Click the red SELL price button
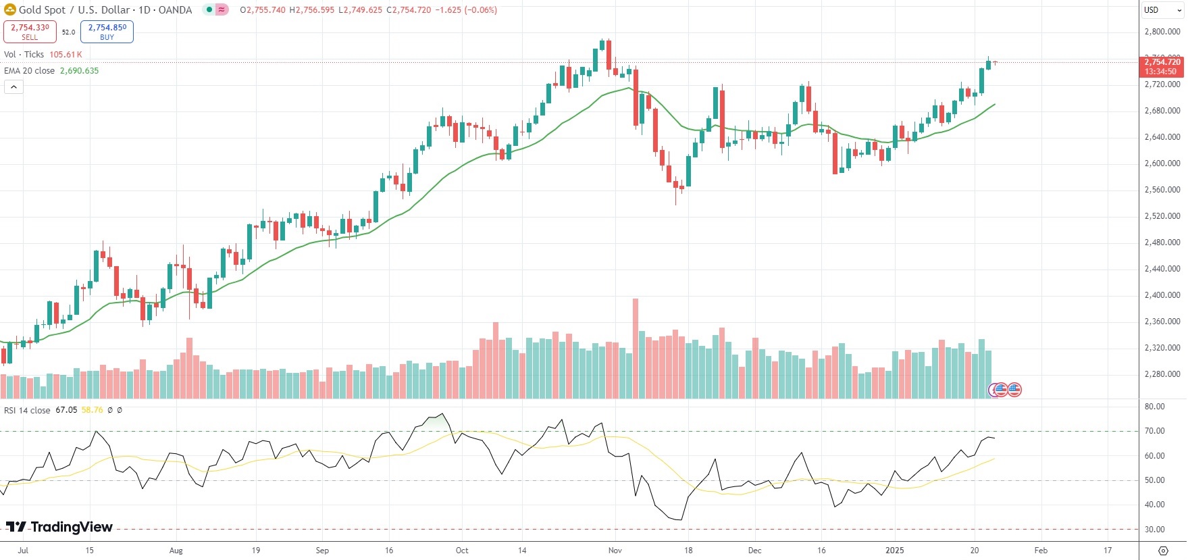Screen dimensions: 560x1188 coord(30,31)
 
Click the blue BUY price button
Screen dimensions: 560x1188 coord(107,31)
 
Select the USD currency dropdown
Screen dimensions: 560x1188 coord(1161,10)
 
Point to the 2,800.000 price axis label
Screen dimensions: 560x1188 coord(1162,32)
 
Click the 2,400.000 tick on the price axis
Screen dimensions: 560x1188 coord(1162,295)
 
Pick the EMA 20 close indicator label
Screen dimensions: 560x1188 coord(30,71)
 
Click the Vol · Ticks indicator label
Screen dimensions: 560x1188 coord(24,55)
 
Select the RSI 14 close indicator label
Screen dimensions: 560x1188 coord(27,411)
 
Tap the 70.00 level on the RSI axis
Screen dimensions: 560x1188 coord(1154,431)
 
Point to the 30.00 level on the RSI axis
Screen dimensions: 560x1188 coord(1154,530)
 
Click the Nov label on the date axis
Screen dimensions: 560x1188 coord(615,551)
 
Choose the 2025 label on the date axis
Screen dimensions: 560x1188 coord(894,551)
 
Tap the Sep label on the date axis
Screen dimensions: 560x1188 coord(322,551)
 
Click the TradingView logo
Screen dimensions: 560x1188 coord(59,527)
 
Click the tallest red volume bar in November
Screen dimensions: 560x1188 coord(635,348)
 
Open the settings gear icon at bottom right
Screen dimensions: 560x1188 coord(1163,551)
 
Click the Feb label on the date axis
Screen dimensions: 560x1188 coord(1041,551)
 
